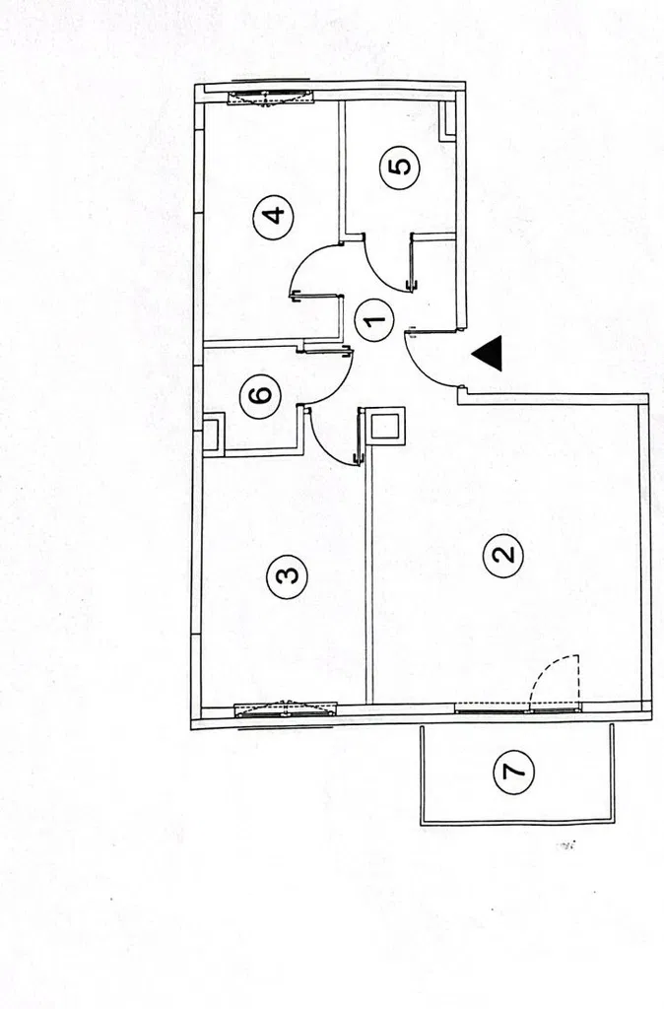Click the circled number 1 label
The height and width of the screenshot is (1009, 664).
(374, 321)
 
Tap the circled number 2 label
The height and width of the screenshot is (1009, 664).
(502, 554)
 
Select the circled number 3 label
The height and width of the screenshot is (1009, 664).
(287, 573)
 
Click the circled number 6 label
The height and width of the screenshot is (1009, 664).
(260, 396)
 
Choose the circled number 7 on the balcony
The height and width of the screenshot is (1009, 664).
(513, 771)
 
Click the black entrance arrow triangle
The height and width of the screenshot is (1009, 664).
(489, 353)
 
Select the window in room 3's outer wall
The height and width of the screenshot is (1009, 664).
(285, 708)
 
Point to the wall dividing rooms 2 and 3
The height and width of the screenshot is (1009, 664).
(369, 581)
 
